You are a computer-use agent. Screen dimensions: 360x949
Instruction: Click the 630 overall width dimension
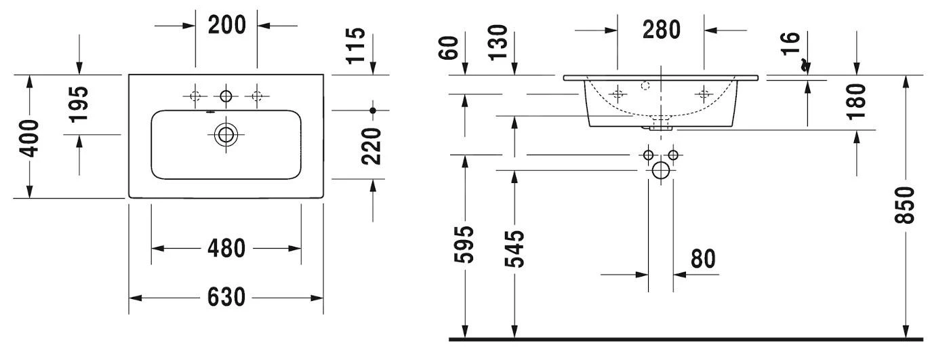226,298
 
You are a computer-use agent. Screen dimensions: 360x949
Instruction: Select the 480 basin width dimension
226,249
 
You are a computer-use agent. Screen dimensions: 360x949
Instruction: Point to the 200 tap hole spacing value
226,25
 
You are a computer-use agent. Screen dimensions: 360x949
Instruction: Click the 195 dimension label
79,103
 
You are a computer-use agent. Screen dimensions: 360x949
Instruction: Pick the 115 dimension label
355,44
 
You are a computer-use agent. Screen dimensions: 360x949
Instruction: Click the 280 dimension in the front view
661,29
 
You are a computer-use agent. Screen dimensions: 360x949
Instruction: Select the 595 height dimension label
465,248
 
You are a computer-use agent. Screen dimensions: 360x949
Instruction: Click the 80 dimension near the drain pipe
703,258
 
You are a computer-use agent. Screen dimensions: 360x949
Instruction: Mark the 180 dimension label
857,101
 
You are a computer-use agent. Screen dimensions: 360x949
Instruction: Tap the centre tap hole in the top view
226,96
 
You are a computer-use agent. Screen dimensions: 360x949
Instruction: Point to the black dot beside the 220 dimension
372,109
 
